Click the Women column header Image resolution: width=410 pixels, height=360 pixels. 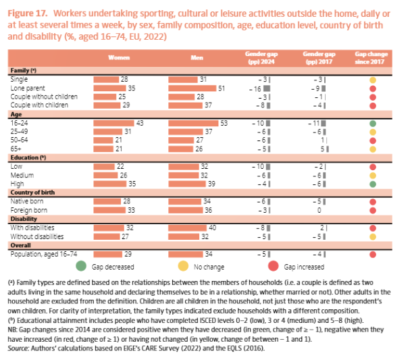point(118,58)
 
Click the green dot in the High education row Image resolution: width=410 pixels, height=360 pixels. point(372,184)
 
